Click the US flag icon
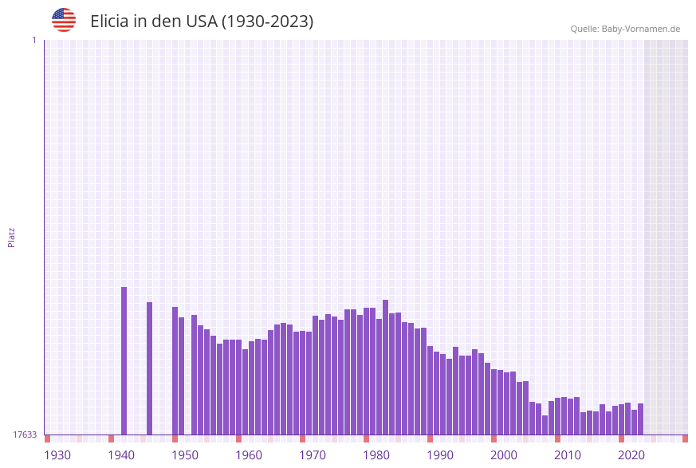[x=64, y=20]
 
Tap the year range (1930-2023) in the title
[x=267, y=22]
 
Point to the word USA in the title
[x=200, y=22]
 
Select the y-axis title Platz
[x=12, y=237]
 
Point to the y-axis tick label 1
[x=33, y=40]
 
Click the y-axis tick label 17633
[x=25, y=435]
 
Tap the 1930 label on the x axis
[x=57, y=455]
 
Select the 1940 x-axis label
[x=121, y=455]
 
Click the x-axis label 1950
[x=185, y=455]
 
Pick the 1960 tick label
[x=249, y=455]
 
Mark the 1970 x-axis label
[x=313, y=455]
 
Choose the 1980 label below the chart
[x=376, y=455]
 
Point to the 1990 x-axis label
[x=440, y=455]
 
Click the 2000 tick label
[x=504, y=455]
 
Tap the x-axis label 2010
[x=568, y=455]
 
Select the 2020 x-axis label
[x=631, y=455]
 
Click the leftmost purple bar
[x=124, y=360]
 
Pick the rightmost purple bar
[x=640, y=419]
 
